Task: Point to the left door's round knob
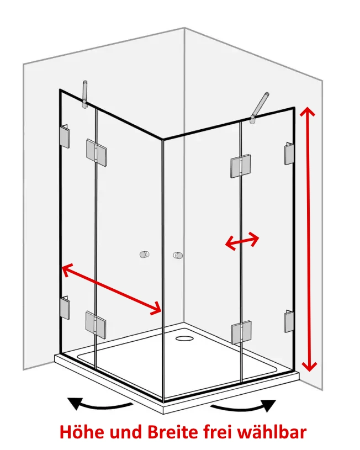click(x=145, y=255)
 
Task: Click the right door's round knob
click(x=178, y=256)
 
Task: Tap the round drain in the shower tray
click(x=184, y=338)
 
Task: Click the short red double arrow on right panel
click(x=242, y=241)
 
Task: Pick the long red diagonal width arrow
click(x=112, y=289)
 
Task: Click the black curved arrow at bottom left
click(x=99, y=404)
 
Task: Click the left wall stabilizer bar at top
click(x=84, y=94)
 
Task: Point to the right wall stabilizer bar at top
click(x=259, y=108)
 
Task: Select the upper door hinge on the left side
click(x=96, y=153)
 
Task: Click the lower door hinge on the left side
click(x=96, y=325)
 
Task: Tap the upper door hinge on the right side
click(x=241, y=166)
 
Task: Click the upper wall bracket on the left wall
click(x=65, y=136)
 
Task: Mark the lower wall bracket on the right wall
click(x=289, y=321)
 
